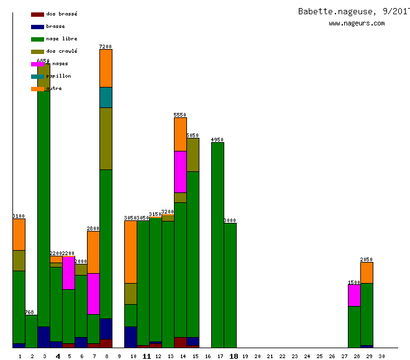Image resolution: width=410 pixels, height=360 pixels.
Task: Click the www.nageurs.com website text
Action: [357, 24]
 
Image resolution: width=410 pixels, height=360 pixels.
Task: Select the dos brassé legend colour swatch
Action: [37, 14]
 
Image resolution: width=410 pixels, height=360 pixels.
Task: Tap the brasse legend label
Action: [55, 26]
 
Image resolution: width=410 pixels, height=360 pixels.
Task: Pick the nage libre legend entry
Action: [61, 38]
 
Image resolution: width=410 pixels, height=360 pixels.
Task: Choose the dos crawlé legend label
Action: [61, 51]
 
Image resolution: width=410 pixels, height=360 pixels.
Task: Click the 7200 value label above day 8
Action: [106, 47]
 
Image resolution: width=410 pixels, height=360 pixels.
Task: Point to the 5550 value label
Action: [180, 115]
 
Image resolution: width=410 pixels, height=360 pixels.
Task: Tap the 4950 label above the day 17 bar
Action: [217, 140]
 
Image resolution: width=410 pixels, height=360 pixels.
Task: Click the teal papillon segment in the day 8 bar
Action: [106, 97]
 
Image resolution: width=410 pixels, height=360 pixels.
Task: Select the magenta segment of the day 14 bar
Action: [180, 171]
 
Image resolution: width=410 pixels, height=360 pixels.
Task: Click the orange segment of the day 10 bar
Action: [130, 251]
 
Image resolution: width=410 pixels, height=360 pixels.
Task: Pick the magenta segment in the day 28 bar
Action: [354, 295]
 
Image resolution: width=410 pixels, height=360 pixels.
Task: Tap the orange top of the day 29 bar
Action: [367, 272]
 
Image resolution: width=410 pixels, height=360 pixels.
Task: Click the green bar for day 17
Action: [217, 245]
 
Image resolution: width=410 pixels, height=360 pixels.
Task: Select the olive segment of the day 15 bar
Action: [193, 155]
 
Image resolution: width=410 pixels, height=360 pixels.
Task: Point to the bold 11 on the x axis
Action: [147, 356]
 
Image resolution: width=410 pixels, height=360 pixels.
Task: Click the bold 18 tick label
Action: [234, 356]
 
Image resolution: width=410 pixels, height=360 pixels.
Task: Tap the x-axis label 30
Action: [381, 356]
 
